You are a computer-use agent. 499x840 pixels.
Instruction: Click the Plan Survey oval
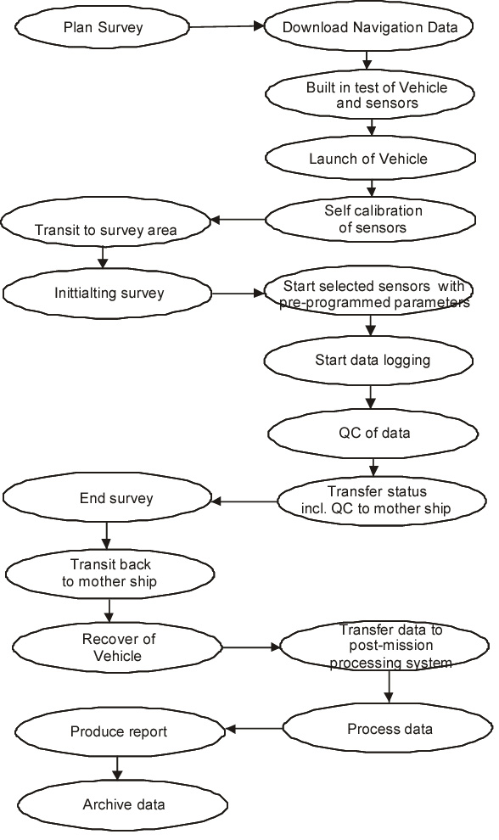tap(102, 27)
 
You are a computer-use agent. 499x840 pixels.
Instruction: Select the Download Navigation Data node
tap(369, 27)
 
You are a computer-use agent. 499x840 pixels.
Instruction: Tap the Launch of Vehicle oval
tap(370, 158)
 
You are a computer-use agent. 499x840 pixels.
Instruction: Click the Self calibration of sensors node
tap(370, 219)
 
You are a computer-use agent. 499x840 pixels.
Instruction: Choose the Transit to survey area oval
tap(105, 221)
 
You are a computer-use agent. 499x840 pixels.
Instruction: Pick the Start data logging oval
tap(369, 360)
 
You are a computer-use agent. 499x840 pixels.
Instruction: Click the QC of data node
tap(373, 433)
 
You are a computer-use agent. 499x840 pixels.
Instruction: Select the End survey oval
tap(107, 498)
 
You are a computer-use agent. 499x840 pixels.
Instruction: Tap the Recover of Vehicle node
tap(117, 647)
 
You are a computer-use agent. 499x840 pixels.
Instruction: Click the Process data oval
tap(388, 728)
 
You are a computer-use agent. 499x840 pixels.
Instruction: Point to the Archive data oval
tap(123, 804)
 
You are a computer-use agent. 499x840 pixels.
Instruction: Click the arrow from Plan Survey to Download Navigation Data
tap(227, 26)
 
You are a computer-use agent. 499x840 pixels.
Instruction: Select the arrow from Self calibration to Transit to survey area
tap(238, 219)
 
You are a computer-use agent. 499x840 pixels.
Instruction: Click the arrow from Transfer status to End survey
tap(244, 501)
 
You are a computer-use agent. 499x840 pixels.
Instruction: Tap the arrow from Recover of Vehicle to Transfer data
tap(251, 647)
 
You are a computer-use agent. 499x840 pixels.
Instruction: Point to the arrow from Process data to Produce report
tap(254, 729)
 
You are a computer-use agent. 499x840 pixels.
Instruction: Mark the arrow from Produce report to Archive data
tap(117, 768)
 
